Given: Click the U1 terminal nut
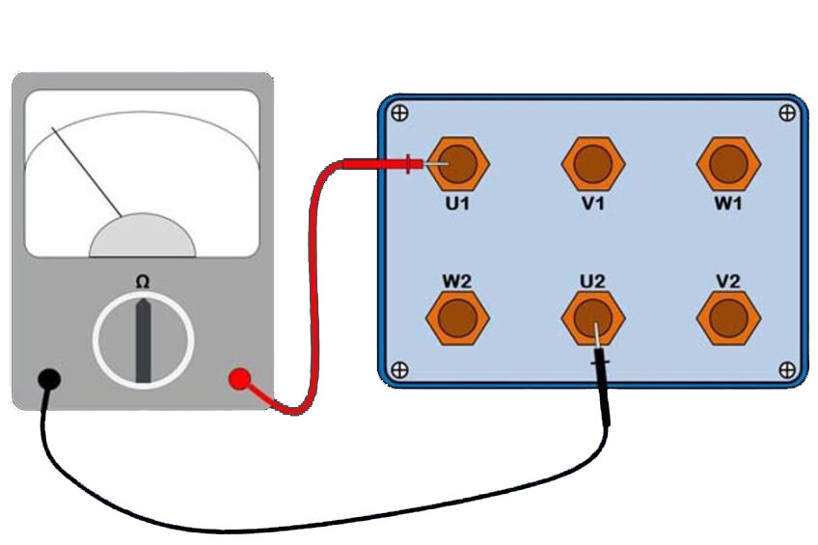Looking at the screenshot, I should (458, 164).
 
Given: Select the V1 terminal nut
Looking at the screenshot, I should (593, 164).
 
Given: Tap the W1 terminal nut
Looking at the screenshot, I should (728, 164).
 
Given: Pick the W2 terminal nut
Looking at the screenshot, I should (458, 315).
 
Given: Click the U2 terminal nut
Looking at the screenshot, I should (593, 315).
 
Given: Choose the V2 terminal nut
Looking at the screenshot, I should (728, 315).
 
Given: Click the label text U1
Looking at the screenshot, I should (458, 204).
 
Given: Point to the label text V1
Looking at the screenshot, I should (593, 204).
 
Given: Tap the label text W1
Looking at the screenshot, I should (728, 204).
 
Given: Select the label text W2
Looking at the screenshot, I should (456, 280).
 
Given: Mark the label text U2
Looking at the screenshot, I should (592, 280).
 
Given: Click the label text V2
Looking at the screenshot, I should (728, 280).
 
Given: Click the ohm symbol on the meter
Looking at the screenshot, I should (143, 282).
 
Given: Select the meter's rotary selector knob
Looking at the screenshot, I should (143, 340).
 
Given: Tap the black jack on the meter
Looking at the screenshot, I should (50, 379).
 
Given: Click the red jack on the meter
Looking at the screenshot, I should (239, 379).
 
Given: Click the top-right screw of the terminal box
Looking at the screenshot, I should (787, 113).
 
